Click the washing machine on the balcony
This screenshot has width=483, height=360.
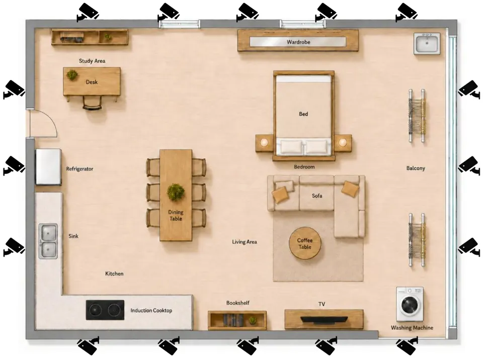410,304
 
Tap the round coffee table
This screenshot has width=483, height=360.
305,243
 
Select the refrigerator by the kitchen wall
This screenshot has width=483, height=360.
48,166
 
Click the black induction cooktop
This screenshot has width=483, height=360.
105,310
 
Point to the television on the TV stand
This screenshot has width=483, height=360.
324,320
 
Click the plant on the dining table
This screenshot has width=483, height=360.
176,192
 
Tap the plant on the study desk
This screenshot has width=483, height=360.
72,75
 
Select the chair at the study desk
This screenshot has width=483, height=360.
92,103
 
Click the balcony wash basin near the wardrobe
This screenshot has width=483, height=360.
427,44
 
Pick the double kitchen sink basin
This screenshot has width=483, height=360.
48,241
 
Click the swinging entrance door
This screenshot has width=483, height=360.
43,124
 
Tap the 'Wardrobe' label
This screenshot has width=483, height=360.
298,42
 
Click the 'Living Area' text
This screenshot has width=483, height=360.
245,242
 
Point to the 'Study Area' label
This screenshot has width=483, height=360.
92,61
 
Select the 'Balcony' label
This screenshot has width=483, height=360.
416,168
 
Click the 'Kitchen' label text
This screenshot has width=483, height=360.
114,274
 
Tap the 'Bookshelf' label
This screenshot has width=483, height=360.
238,303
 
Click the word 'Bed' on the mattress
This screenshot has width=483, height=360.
303,114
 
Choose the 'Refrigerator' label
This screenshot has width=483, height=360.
79,169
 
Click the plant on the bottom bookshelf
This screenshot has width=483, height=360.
253,320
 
